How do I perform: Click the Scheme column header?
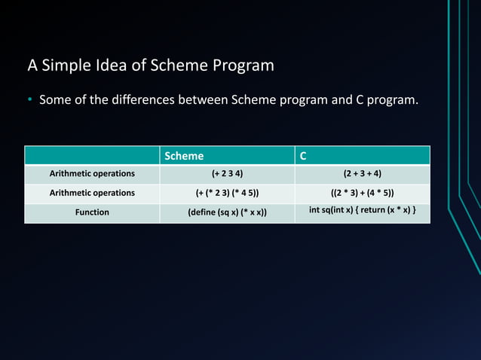185,156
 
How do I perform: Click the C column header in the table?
303,156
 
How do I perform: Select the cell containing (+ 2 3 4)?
227,174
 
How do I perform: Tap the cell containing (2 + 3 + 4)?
362,174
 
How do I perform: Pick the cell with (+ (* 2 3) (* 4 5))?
227,193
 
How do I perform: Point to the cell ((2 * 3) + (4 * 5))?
362,193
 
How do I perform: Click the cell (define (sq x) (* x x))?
227,212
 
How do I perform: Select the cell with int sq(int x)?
362,209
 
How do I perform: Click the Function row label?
92,212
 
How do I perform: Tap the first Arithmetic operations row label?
92,174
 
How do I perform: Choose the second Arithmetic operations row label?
92,193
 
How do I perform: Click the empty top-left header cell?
92,155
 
